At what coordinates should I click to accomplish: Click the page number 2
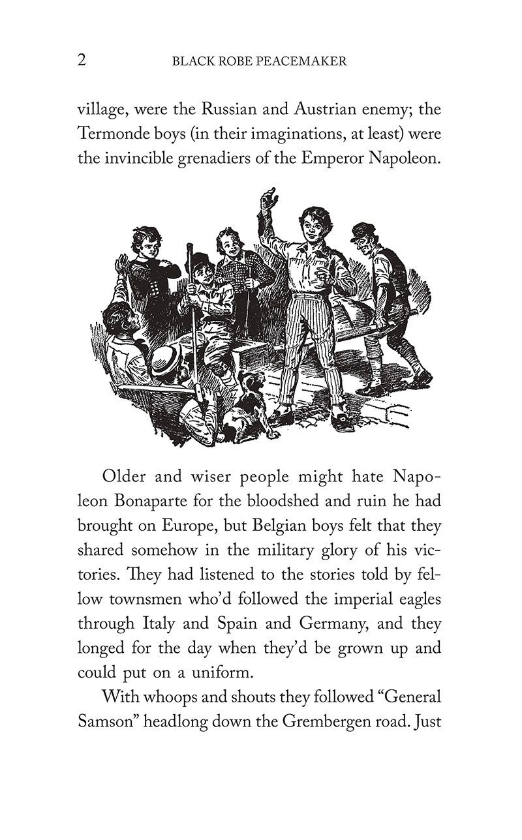click(82, 61)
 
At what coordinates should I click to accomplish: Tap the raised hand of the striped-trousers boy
click(268, 199)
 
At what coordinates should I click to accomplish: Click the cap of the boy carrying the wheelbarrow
click(363, 232)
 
